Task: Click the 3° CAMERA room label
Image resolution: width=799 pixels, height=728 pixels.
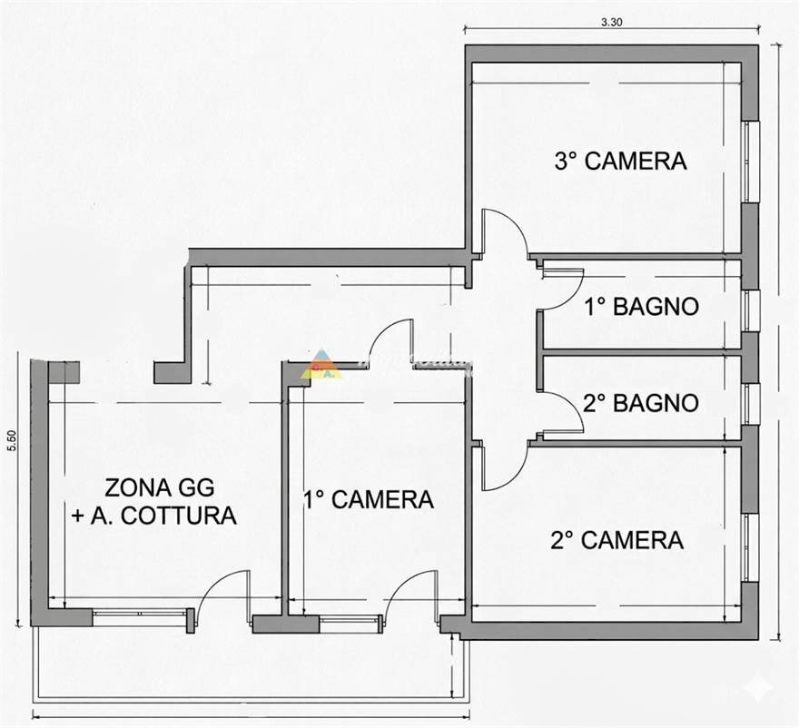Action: [x=620, y=162]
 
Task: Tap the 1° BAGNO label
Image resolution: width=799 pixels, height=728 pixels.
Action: [x=641, y=307]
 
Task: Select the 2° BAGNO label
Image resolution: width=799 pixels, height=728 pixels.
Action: [x=641, y=402]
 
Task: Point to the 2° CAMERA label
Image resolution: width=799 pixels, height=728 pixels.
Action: [x=617, y=541]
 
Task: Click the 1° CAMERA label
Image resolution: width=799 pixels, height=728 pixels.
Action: [x=368, y=499]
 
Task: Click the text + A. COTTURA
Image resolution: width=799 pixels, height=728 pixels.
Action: [x=153, y=516]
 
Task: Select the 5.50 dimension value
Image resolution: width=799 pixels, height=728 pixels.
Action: [x=12, y=441]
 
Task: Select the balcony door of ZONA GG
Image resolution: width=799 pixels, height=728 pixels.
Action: [x=223, y=595]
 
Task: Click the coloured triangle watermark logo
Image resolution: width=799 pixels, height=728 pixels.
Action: [x=321, y=364]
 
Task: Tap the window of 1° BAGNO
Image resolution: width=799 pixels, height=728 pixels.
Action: [x=750, y=310]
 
